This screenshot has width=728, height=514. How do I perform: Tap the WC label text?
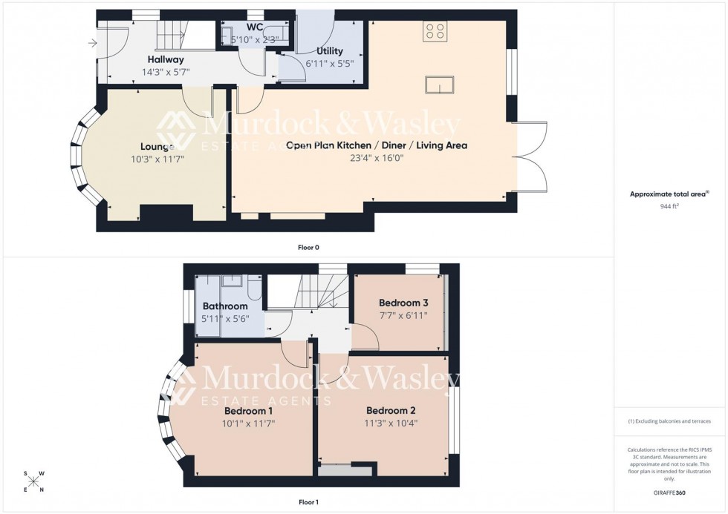[x=255, y=27]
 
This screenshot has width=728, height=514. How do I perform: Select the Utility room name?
[x=329, y=51]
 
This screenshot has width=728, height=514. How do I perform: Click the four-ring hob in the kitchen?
[x=435, y=30]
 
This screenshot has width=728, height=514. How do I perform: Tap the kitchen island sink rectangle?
[x=439, y=85]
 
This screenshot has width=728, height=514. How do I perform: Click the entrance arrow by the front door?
[x=92, y=43]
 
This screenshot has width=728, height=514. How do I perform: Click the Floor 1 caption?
[x=308, y=502]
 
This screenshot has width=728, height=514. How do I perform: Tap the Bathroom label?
[x=225, y=306]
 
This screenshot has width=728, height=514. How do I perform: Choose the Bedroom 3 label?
[x=403, y=303]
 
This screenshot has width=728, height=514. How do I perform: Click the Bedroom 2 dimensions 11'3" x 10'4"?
[x=391, y=424]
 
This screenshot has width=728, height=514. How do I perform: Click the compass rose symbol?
[x=33, y=481]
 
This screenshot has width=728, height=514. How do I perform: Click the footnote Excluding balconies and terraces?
[x=669, y=421]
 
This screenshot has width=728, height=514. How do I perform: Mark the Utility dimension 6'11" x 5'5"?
[x=329, y=64]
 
